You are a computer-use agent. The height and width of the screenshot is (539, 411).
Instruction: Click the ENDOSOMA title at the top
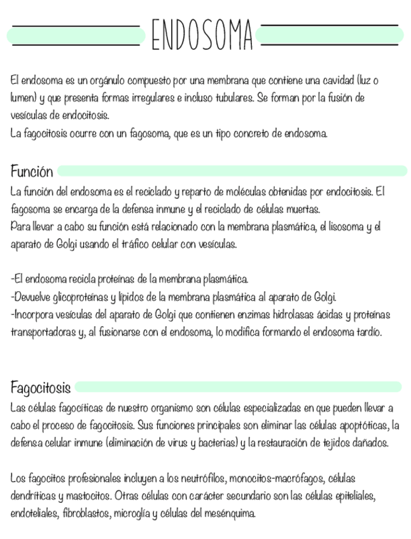202,34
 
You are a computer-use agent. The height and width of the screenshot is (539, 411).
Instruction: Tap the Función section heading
32,171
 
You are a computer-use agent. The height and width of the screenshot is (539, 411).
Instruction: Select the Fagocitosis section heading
40,387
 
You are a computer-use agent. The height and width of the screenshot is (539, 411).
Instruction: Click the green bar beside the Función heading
232,170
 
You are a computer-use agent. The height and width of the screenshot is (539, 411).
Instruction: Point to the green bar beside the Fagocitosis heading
238,386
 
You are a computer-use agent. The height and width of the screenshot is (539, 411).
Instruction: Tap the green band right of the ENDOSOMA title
331,35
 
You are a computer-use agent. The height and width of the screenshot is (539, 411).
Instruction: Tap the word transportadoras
43,331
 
